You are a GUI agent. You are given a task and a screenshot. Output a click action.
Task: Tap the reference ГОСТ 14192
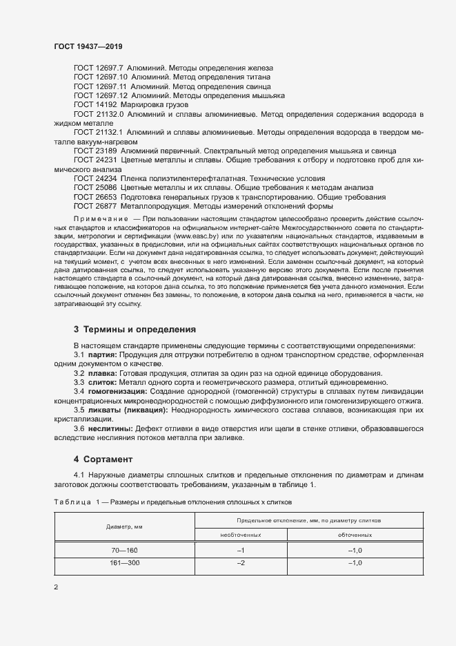(96, 104)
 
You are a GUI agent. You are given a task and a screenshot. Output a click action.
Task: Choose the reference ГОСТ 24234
(96, 178)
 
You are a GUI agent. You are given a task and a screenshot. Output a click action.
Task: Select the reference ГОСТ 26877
(96, 205)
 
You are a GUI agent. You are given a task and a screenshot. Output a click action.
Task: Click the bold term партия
(101, 354)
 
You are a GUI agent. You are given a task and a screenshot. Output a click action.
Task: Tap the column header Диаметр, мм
(124, 526)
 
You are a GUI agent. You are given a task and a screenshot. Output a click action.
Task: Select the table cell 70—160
(124, 549)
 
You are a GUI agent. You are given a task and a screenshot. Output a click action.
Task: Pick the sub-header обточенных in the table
(355, 534)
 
